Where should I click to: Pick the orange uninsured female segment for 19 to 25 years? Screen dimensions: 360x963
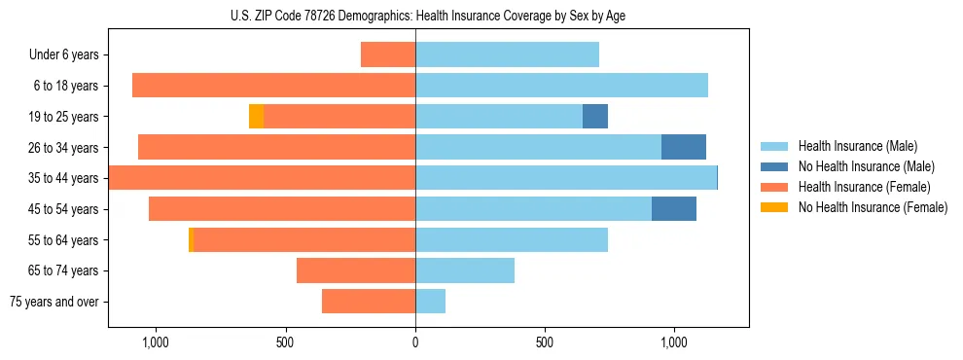pos(256,117)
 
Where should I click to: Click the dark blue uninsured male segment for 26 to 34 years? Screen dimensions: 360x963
pos(683,147)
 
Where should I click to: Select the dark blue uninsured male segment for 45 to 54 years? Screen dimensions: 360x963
pos(673,208)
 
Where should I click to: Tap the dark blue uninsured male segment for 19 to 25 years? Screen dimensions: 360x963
pos(594,117)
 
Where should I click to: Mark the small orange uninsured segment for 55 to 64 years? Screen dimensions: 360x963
pos(191,239)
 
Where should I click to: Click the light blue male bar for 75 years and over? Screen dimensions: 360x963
pos(430,302)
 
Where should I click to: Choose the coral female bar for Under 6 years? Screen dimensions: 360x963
pos(387,55)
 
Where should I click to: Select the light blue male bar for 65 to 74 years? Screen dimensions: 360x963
pos(464,270)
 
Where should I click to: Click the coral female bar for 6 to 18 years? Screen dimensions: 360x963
pos(273,86)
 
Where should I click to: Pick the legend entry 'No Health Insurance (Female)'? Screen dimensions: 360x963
pos(873,207)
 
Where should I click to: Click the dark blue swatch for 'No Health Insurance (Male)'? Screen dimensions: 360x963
pos(774,167)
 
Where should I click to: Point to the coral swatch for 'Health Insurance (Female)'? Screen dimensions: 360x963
pos(774,187)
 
